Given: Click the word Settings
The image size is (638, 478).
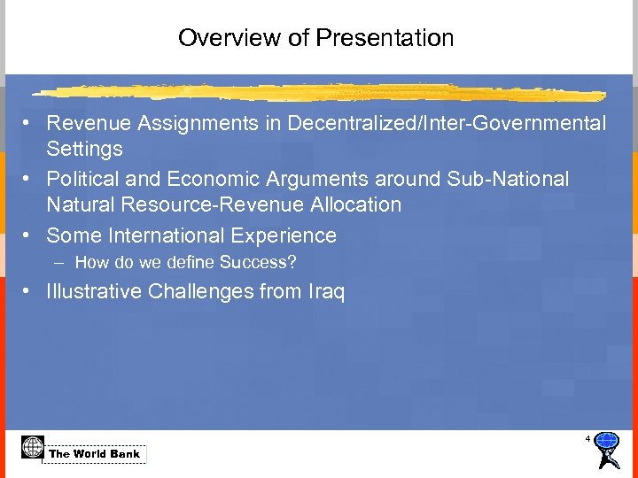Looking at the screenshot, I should [84, 149].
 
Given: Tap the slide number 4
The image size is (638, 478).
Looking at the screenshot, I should [587, 439].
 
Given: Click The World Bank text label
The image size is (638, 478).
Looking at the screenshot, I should [94, 454].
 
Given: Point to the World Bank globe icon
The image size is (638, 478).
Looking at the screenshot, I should [33, 448].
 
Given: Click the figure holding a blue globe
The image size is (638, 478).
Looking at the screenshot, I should [607, 451].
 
